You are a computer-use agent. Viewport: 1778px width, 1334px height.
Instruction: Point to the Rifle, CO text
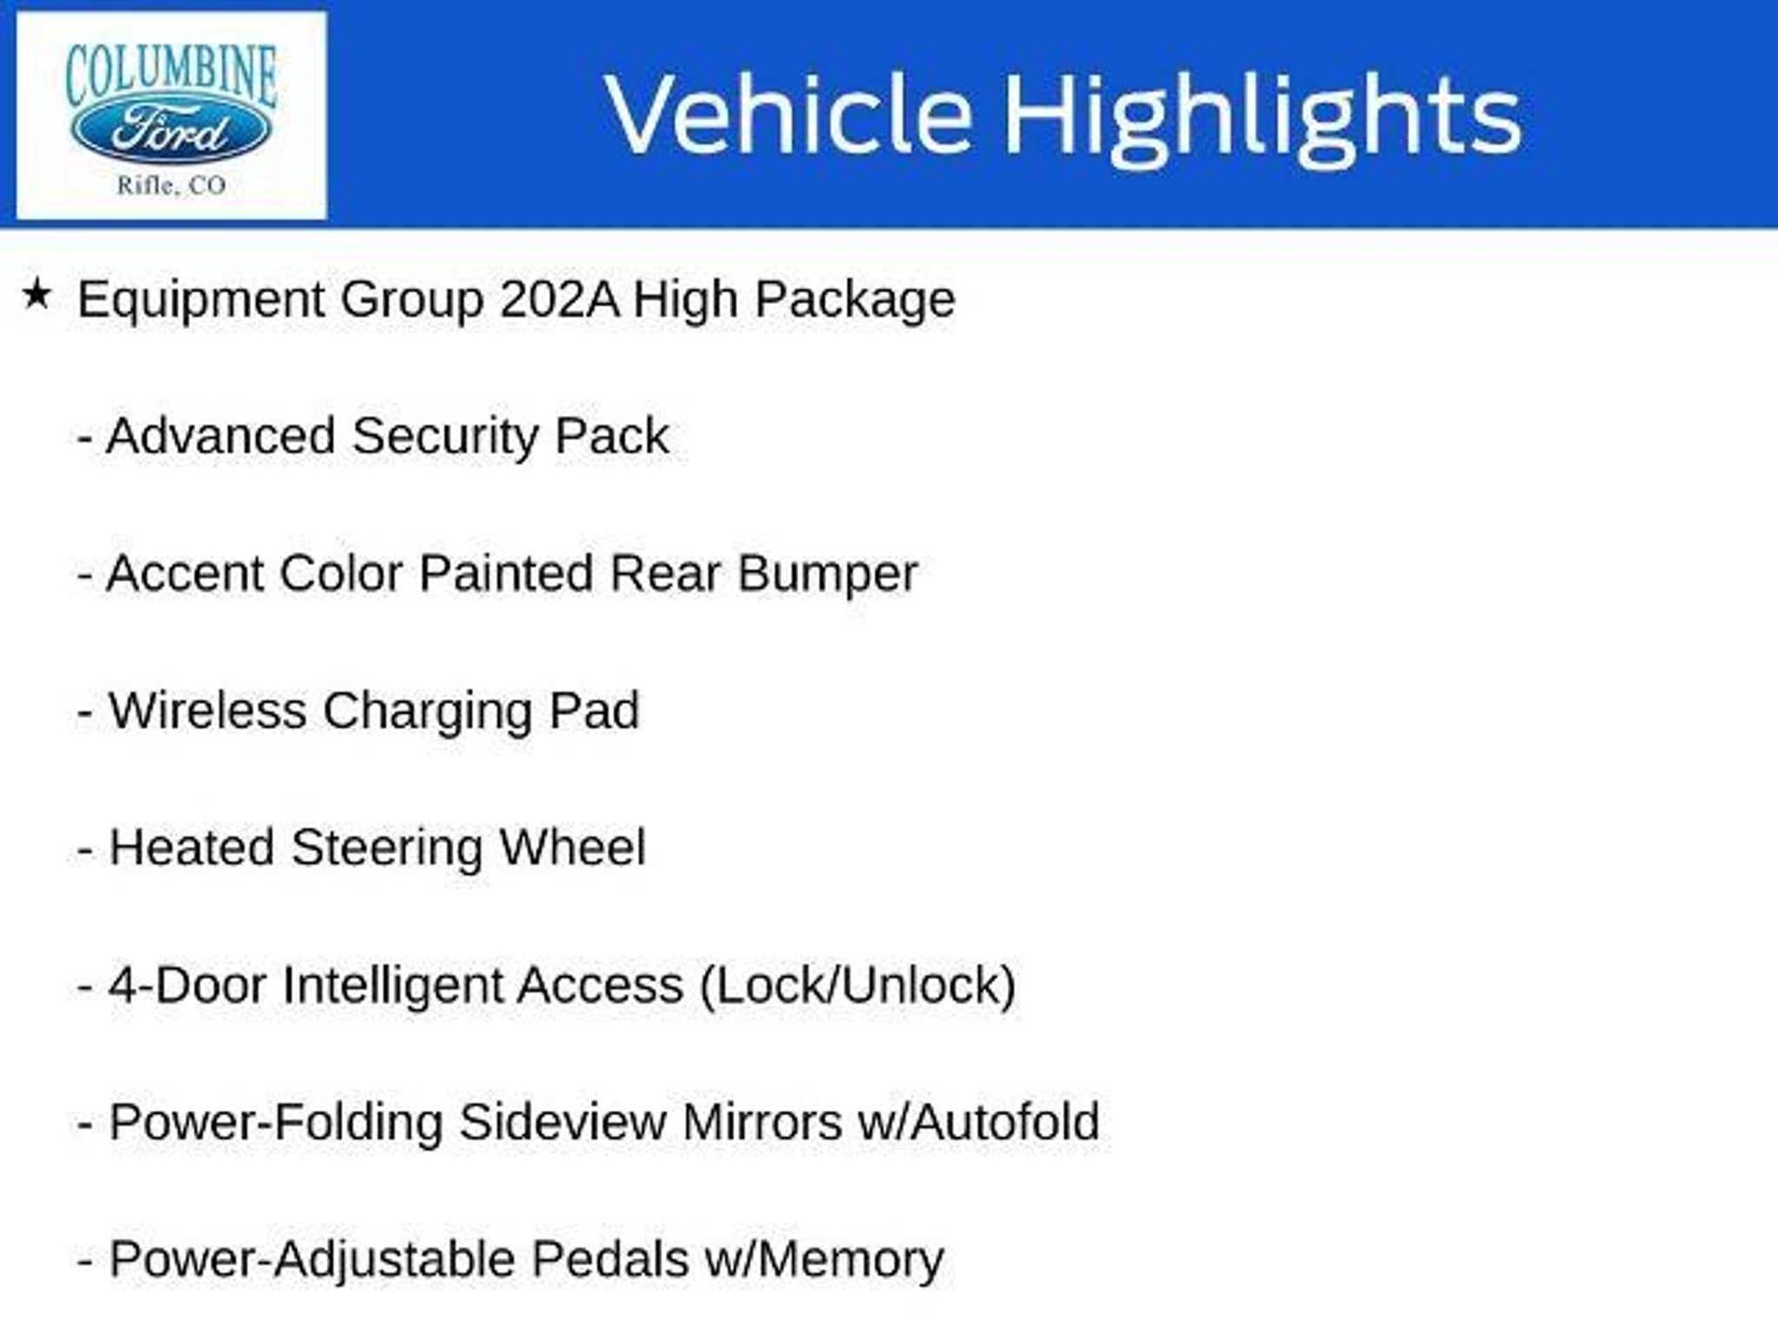pos(171,185)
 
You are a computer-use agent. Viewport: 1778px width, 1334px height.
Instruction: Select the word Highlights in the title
pos(1262,119)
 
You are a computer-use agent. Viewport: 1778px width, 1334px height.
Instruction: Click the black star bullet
pos(36,294)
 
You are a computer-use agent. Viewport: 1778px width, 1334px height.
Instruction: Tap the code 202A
pos(560,300)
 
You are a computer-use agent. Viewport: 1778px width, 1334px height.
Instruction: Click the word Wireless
pos(207,710)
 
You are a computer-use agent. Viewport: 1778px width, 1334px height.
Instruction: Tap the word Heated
pos(191,848)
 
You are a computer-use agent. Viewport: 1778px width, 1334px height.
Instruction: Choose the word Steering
pos(386,850)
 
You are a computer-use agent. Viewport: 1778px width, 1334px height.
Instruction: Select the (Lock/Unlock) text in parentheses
pos(858,987)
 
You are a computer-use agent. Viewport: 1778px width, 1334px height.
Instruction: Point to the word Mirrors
pos(762,1122)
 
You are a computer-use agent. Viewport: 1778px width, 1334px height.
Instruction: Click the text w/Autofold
pos(978,1122)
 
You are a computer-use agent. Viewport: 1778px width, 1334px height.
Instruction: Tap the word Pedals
pos(609,1259)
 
